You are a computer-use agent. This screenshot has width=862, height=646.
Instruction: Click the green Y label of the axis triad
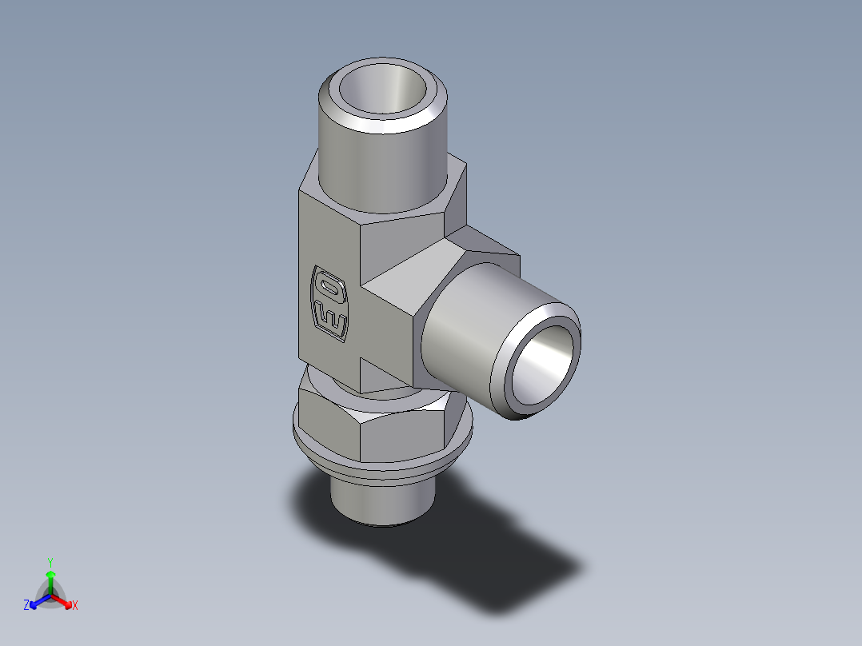point(50,561)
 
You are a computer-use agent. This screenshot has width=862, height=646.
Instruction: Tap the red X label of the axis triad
point(74,606)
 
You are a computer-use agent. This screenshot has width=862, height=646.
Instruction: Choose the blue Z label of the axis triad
point(26,606)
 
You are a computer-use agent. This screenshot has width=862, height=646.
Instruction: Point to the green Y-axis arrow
point(50,580)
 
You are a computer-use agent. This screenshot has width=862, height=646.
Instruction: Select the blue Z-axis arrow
point(37,600)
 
